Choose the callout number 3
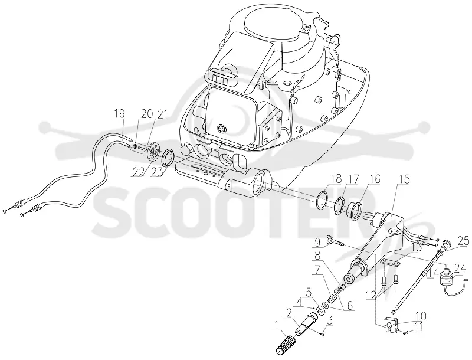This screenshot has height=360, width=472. (x=330, y=320)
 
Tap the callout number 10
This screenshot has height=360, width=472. (x=421, y=316)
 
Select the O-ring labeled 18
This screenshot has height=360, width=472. (x=322, y=199)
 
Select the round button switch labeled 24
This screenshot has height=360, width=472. (x=447, y=276)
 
